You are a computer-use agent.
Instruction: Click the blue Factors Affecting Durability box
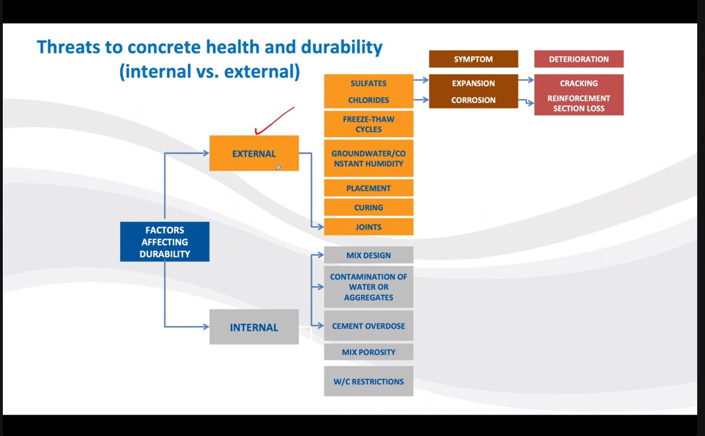pos(165,242)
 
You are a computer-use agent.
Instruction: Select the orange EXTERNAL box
pos(254,153)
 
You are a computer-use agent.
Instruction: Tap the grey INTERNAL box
pos(254,327)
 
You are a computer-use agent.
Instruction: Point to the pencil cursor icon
pos(278,167)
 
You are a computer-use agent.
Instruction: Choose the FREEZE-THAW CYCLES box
pos(369,124)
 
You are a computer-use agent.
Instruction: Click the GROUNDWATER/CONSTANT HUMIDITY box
pos(369,159)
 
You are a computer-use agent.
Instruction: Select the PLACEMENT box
pos(369,188)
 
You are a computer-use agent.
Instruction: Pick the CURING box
pos(369,207)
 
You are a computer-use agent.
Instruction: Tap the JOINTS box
pos(369,227)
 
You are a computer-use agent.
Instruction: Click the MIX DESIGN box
pos(369,255)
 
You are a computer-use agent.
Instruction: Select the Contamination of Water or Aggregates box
pos(369,287)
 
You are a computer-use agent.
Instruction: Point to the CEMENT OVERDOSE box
pos(369,326)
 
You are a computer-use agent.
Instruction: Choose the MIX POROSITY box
pos(369,352)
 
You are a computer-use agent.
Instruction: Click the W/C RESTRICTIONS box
pos(369,381)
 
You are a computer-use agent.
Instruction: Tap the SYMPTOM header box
pos(473,59)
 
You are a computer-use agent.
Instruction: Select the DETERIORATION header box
pos(579,59)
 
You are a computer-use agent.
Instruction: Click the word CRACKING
pos(579,83)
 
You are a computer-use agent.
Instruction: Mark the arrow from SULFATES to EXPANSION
pos(421,80)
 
